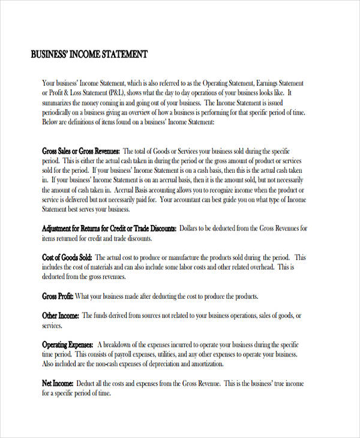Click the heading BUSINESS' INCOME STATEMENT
89,55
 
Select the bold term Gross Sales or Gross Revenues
81,151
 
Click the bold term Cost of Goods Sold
67,257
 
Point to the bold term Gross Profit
57,296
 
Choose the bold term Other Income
60,316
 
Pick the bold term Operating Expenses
67,344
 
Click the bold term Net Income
58,383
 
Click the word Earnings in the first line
271,83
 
